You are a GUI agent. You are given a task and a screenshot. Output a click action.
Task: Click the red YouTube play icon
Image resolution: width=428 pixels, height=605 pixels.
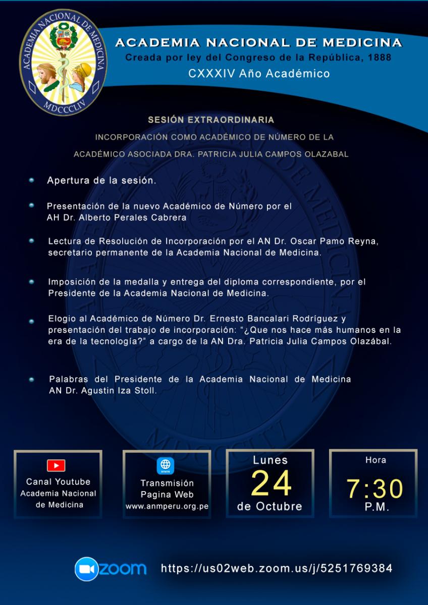[56, 465]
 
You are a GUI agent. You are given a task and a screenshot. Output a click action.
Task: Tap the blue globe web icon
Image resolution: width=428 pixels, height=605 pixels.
[166, 465]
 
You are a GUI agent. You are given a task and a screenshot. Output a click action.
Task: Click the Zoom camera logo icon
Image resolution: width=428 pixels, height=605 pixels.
[86, 569]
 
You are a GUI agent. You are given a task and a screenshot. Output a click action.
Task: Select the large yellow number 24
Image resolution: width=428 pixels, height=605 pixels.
[271, 483]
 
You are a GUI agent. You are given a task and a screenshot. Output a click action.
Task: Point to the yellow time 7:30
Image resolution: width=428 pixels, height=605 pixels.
[375, 489]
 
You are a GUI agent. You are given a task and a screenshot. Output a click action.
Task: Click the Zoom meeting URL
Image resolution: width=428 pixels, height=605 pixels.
[277, 568]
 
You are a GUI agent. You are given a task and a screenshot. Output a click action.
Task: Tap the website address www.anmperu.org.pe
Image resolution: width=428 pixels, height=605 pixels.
[167, 506]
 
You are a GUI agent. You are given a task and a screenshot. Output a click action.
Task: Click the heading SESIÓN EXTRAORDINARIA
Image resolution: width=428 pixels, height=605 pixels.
[211, 120]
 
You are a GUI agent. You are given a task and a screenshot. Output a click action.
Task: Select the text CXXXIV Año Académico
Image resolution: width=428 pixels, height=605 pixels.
[259, 74]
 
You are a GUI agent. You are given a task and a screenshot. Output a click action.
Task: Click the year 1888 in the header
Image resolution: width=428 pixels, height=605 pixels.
[380, 57]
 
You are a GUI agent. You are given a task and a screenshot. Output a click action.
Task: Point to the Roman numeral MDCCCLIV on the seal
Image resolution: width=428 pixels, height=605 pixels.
[63, 106]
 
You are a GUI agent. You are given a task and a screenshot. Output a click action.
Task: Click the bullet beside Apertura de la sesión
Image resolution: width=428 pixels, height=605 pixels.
[31, 180]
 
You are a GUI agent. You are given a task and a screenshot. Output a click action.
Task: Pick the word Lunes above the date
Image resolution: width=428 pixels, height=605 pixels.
[270, 460]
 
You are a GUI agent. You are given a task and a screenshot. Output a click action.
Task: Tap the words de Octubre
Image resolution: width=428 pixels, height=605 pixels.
[270, 506]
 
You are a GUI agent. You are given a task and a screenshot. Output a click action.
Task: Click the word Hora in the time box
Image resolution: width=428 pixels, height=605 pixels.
[376, 460]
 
